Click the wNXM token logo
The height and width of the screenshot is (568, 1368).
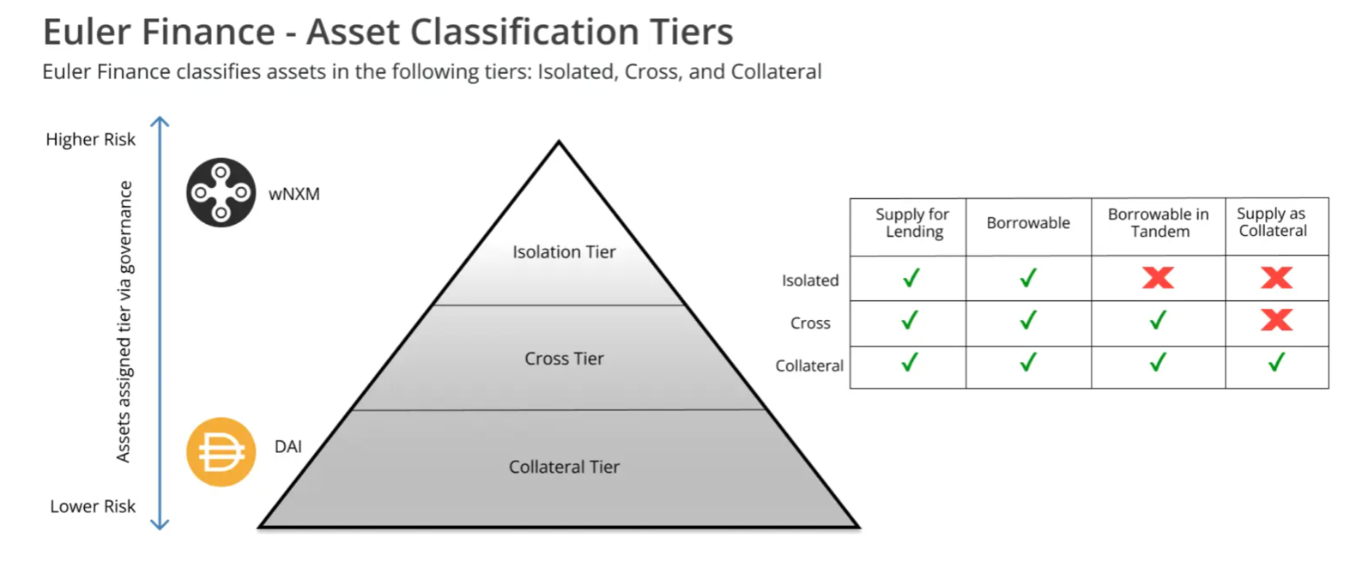[221, 192]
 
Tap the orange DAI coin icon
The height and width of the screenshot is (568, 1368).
[221, 452]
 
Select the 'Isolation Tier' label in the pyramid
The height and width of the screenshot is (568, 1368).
[564, 252]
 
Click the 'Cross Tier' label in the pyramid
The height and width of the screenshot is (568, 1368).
[564, 359]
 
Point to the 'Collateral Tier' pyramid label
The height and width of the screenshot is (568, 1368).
[564, 467]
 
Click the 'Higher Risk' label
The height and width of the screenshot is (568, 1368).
[90, 139]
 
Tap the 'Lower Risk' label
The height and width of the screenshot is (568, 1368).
[93, 506]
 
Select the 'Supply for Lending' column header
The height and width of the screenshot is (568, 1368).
[912, 223]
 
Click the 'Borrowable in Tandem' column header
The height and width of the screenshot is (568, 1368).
[1158, 223]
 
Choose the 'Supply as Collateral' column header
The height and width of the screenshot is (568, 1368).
[1272, 222]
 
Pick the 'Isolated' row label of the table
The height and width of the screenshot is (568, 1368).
[810, 281]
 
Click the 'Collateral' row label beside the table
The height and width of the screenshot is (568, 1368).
[809, 366]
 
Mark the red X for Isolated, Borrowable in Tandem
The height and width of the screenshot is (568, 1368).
[1158, 277]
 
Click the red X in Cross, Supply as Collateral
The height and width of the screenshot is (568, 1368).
[1276, 320]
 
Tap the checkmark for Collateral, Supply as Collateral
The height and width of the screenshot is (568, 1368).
[1276, 363]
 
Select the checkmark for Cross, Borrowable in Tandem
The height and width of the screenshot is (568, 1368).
[1158, 320]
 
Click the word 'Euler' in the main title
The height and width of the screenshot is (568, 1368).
[86, 32]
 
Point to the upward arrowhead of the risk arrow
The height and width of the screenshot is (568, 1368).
[160, 122]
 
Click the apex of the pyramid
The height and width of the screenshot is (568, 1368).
[559, 144]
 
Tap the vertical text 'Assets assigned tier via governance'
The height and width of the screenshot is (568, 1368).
[124, 322]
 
